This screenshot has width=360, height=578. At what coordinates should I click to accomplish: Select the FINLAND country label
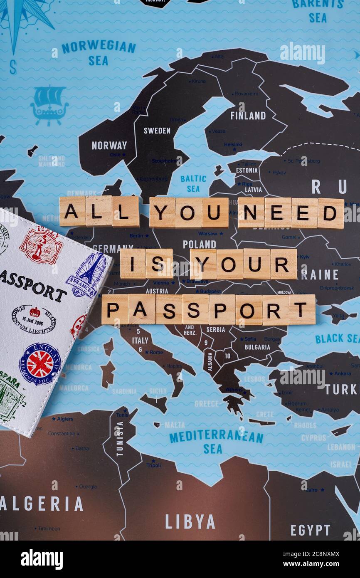pos(248,116)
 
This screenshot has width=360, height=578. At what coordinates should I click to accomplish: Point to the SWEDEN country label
pos(157,131)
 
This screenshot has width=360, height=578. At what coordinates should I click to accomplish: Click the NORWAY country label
pos(109,146)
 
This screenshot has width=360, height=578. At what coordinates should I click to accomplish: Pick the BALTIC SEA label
pos(193,183)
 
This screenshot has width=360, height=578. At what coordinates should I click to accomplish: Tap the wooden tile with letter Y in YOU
pos(162,212)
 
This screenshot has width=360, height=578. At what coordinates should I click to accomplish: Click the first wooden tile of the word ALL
pos(72,211)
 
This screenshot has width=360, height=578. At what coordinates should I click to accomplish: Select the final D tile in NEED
pos(330,213)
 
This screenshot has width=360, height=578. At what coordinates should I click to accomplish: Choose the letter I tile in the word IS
pos(133,264)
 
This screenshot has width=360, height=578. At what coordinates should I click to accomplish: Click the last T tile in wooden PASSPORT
pos(302,310)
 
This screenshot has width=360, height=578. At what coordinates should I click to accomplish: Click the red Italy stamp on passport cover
pos(41,245)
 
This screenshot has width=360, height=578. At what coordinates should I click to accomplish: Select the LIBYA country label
pos(190,521)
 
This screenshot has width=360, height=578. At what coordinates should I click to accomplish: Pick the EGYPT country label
pos(310,530)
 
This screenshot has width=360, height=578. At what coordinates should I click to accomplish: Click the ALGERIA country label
pos(42,504)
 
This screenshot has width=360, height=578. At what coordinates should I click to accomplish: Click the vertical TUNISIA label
pos(120,438)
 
